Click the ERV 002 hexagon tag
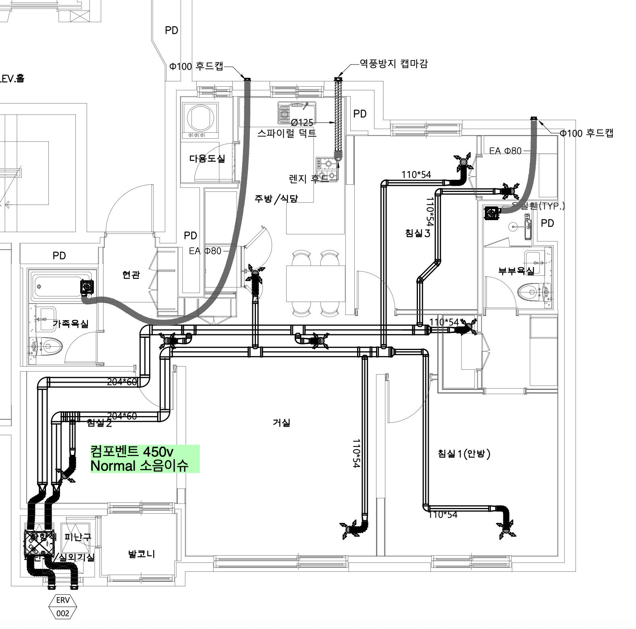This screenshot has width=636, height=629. tap(63, 606)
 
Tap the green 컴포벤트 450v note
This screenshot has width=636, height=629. tap(145, 458)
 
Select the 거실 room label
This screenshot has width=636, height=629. tap(281, 423)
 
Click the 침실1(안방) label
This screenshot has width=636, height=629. tap(464, 454)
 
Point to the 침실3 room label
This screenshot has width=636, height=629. tap(418, 233)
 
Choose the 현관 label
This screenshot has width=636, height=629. tap(131, 275)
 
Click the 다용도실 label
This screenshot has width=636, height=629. tap(207, 158)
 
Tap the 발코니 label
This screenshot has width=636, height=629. tap(141, 554)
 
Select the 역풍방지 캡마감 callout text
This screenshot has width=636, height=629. tap(393, 64)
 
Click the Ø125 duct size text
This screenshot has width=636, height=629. tap(302, 123)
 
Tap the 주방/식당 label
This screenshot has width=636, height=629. tap(276, 199)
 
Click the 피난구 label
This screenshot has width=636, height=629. tap(78, 537)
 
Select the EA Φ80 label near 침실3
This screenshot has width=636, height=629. tap(505, 151)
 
